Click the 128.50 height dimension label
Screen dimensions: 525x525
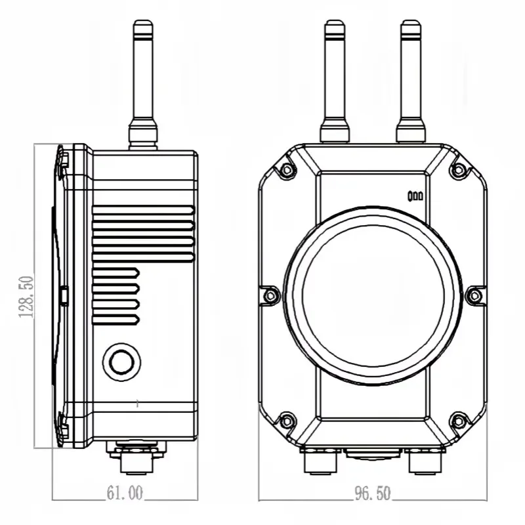click(x=26, y=297)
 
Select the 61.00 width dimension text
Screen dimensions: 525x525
click(x=125, y=493)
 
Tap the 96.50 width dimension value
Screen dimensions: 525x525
click(x=372, y=493)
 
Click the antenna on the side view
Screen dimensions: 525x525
click(x=143, y=85)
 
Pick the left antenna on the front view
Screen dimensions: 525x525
click(x=335, y=81)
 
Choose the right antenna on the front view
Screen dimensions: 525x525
click(x=411, y=81)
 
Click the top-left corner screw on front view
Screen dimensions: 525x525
click(x=287, y=170)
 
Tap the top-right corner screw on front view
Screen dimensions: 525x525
click(x=458, y=170)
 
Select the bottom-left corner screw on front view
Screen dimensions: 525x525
click(x=287, y=421)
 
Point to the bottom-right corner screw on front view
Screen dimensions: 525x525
click(x=458, y=421)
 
